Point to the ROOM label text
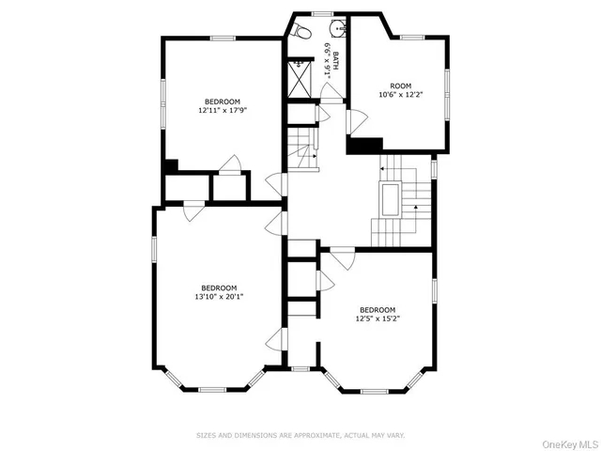click(x=401, y=86)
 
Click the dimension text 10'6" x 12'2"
click(x=401, y=95)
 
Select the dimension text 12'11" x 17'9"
click(x=222, y=110)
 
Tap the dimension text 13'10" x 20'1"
click(x=219, y=296)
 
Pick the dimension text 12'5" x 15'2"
click(x=377, y=319)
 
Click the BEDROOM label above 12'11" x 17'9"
click(x=223, y=101)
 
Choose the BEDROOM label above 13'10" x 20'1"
click(x=219, y=287)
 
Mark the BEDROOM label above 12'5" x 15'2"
click(x=377, y=309)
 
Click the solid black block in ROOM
click(x=365, y=145)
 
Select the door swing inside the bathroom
click(x=331, y=91)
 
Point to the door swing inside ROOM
click(x=357, y=121)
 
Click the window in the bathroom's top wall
click(x=323, y=13)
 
